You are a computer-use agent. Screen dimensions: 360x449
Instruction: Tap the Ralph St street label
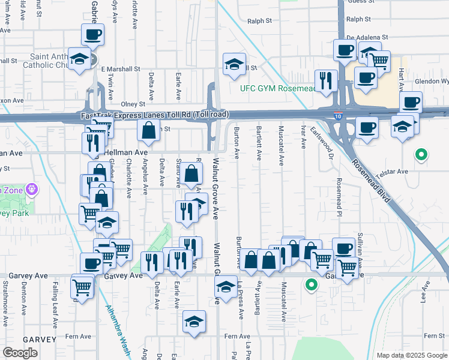pos(259,21)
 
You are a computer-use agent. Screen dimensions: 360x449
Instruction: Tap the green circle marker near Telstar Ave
pos(421,155)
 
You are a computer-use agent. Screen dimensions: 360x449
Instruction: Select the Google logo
pos(20,353)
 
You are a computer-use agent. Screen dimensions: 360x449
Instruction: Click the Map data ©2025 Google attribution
pos(411,355)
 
